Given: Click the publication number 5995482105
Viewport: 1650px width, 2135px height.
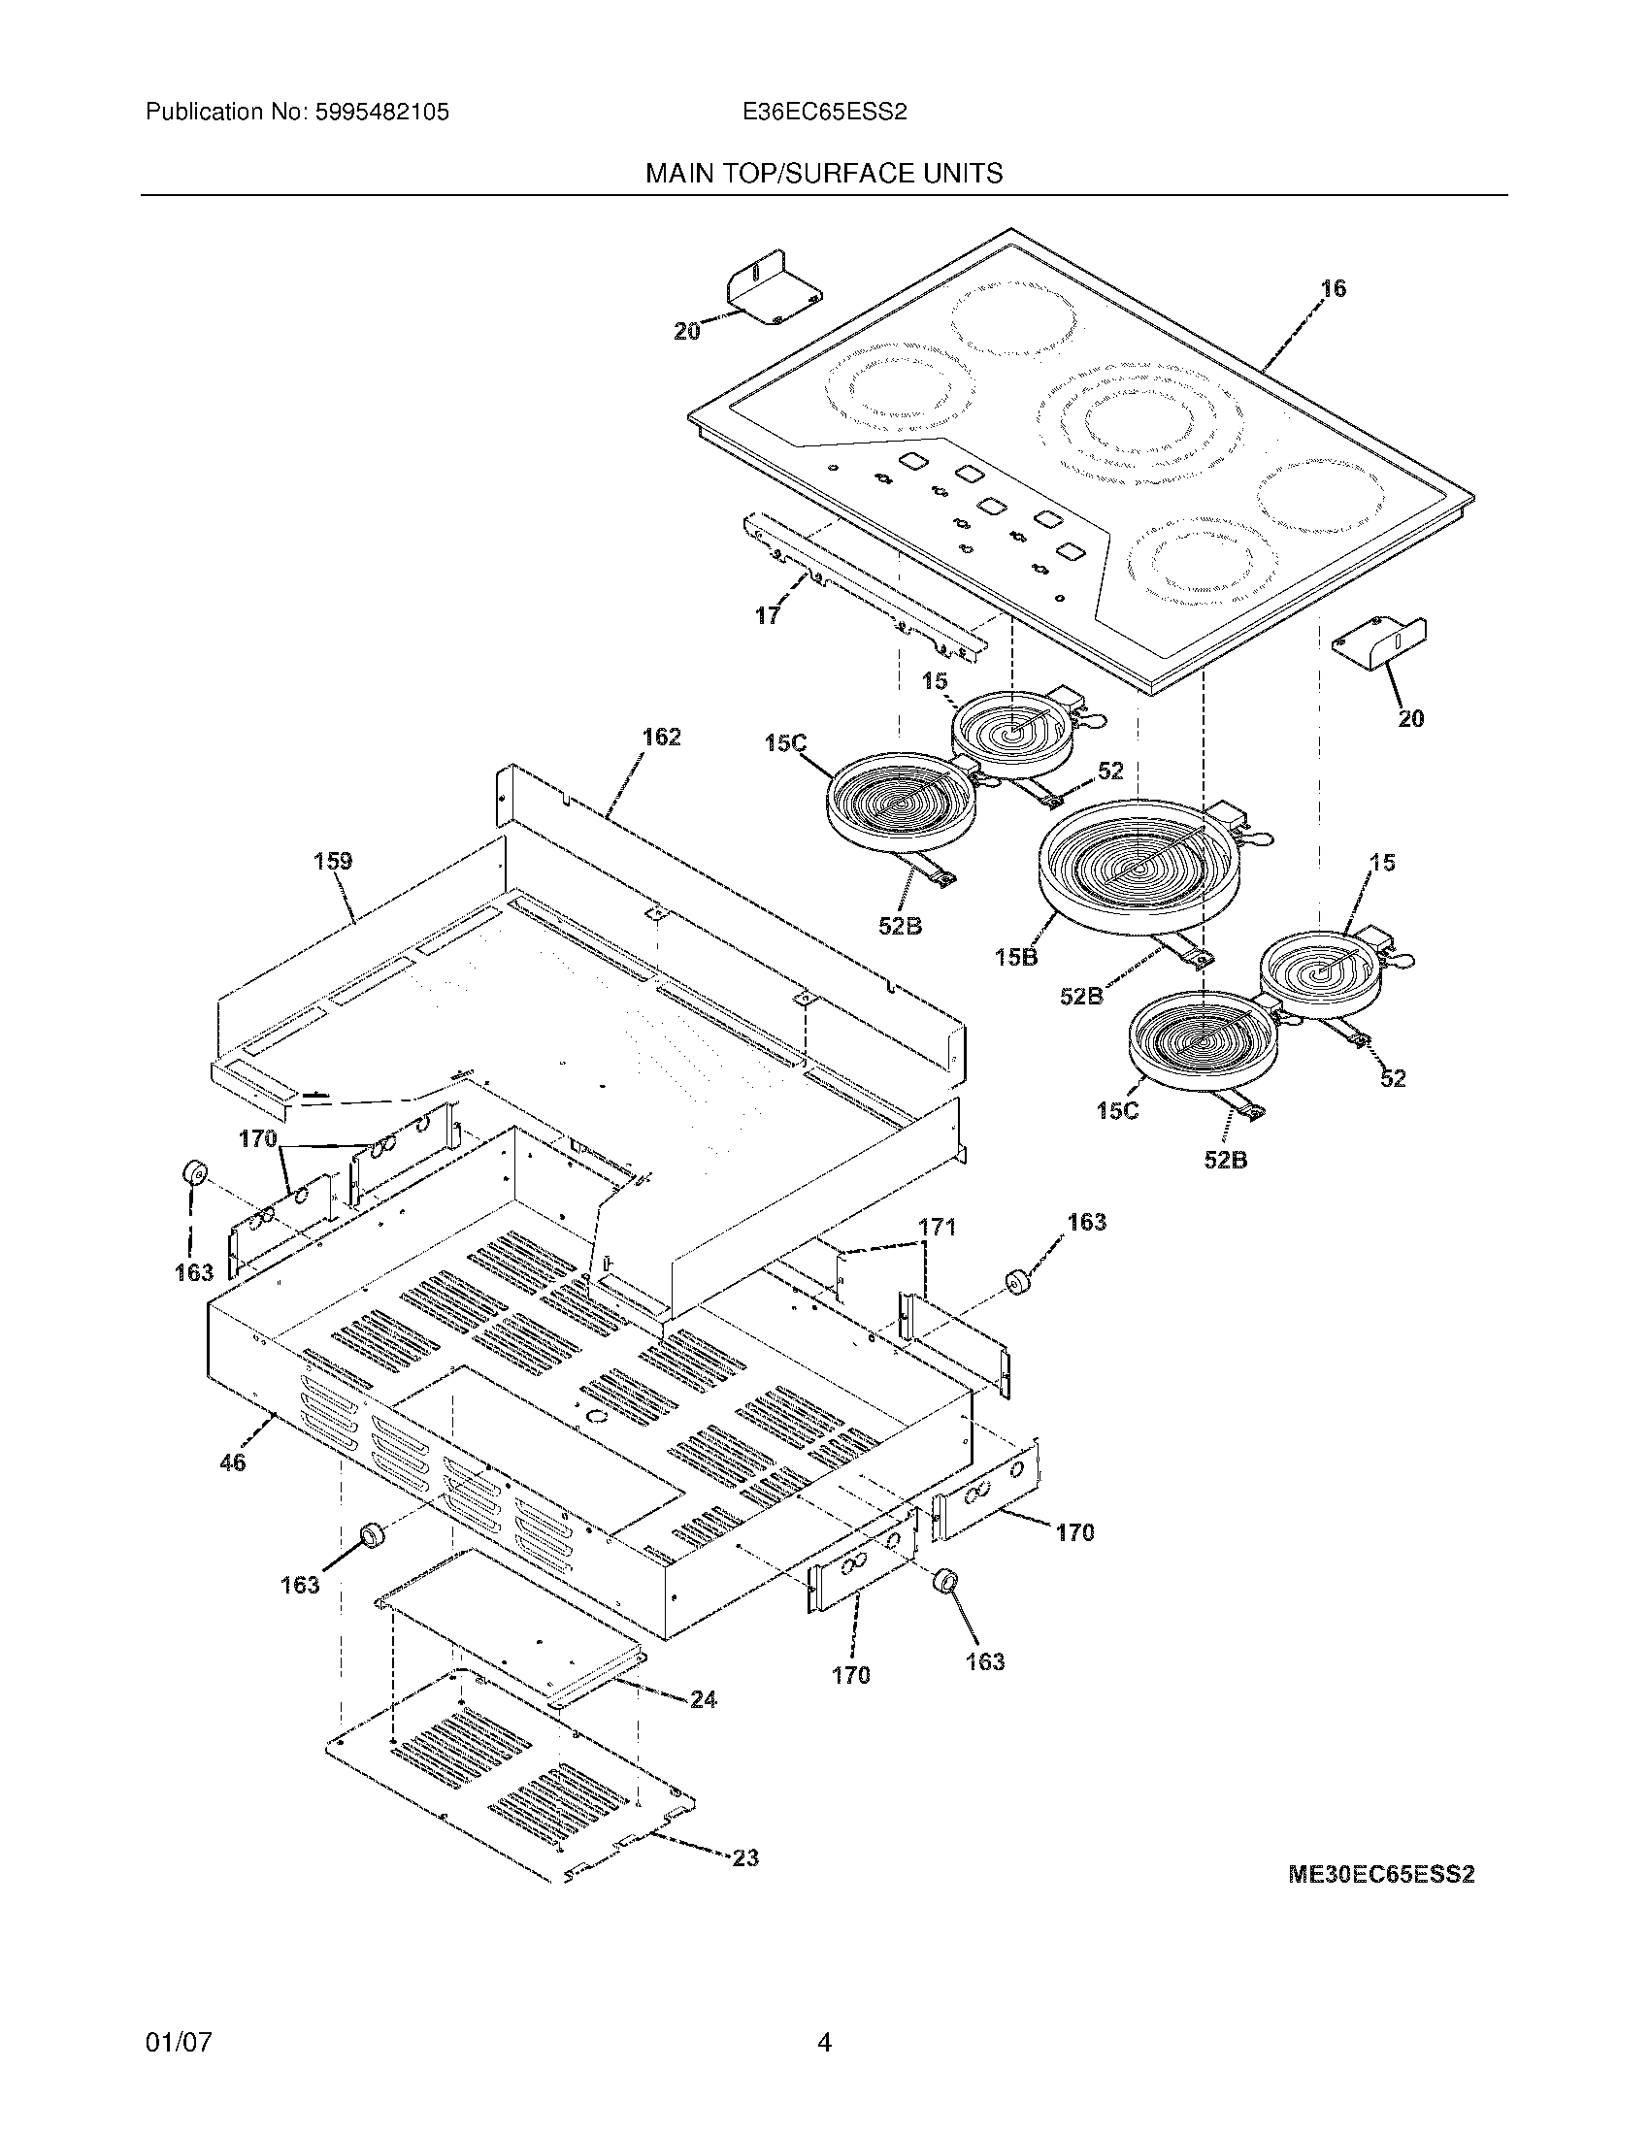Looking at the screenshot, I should [382, 113].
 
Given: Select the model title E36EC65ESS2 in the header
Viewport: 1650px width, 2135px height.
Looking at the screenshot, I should [824, 113].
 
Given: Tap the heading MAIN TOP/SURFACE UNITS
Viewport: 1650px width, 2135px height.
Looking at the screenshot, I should [823, 174].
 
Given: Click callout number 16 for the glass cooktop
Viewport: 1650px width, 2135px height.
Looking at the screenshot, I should [1333, 288].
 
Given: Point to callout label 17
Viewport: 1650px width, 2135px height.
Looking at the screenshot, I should [768, 616].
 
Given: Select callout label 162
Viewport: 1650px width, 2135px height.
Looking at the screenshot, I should [661, 738].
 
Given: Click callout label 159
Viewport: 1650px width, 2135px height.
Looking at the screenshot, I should [332, 861].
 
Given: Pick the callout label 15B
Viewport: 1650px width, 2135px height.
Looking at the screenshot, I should [1016, 957].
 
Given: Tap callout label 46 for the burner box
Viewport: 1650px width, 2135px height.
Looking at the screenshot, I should [233, 1462].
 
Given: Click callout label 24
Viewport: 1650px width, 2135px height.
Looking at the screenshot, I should [703, 1699].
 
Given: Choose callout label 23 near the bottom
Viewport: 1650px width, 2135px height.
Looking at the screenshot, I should [744, 1857].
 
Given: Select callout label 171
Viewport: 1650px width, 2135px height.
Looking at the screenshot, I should [937, 1228].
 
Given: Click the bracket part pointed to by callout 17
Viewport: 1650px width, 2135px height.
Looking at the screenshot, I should [860, 586].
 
